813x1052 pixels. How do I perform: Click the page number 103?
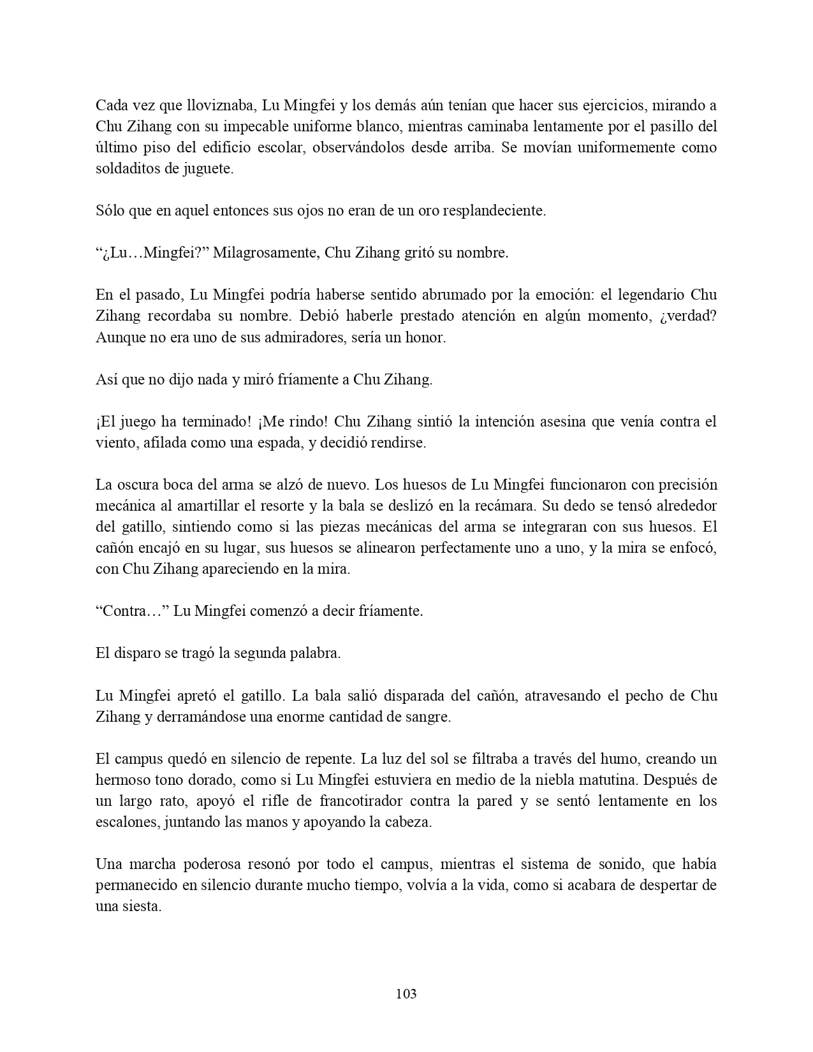coord(406,993)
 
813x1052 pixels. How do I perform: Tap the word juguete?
coord(210,168)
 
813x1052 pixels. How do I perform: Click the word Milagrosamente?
coord(265,252)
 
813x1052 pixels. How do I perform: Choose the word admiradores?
coord(297,337)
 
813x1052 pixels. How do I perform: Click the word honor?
coord(425,337)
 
